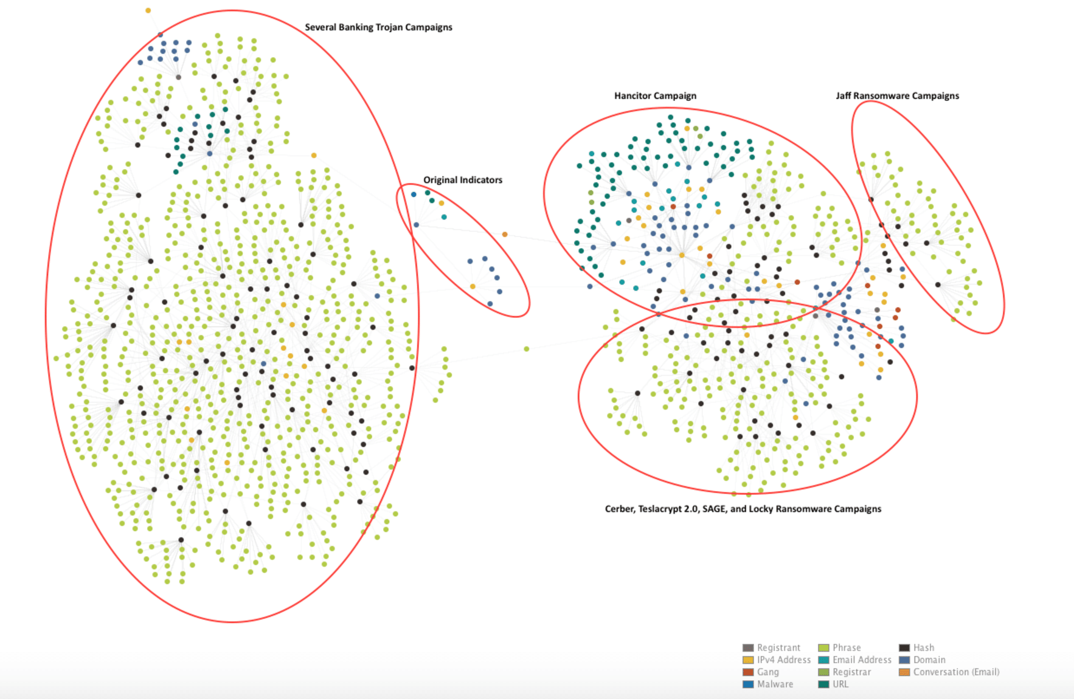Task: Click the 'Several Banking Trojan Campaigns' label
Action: click(x=378, y=27)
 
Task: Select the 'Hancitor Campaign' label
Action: click(x=655, y=96)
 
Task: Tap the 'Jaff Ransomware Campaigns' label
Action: click(x=897, y=96)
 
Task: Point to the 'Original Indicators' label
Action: click(x=463, y=180)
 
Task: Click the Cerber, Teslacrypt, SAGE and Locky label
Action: click(x=743, y=509)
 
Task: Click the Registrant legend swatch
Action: click(x=748, y=648)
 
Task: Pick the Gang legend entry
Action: click(x=767, y=672)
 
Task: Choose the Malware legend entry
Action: click(x=775, y=684)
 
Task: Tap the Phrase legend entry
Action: click(x=846, y=648)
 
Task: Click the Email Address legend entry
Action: click(x=861, y=660)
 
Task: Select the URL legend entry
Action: click(x=840, y=684)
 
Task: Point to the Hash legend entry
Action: click(x=923, y=648)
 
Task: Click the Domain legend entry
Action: click(x=929, y=660)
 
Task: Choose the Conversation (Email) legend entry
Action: click(x=955, y=672)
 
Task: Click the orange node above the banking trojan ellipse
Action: click(x=148, y=10)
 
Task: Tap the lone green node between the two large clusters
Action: click(x=526, y=349)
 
